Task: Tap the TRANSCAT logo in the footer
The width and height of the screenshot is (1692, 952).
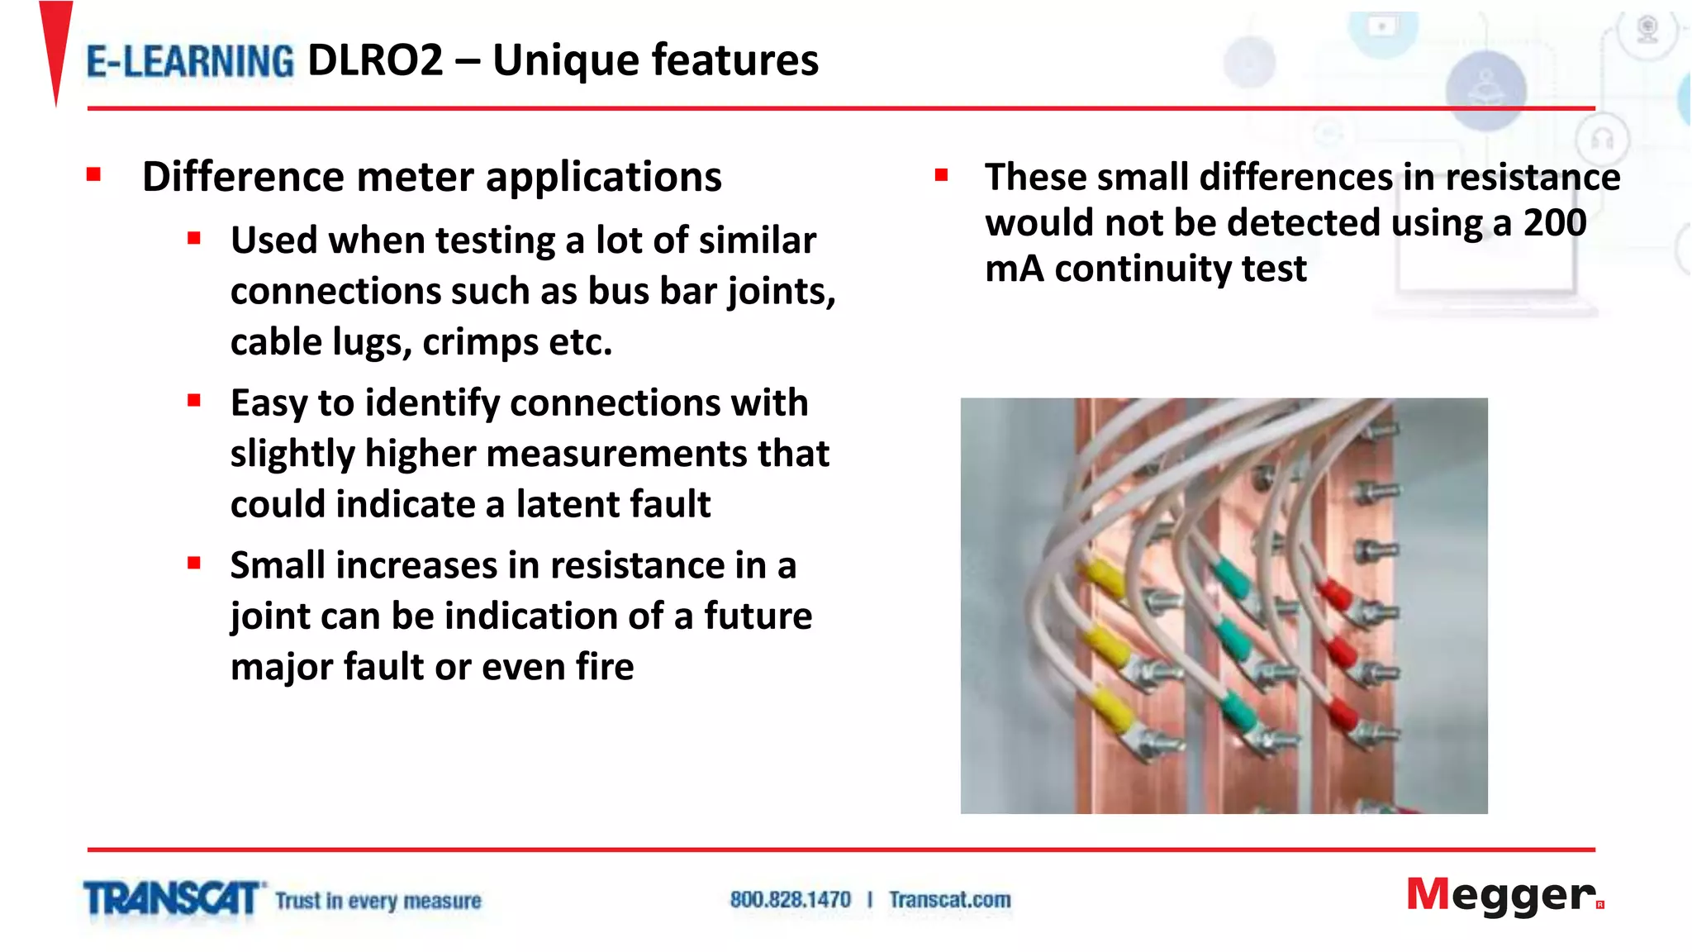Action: coord(172,899)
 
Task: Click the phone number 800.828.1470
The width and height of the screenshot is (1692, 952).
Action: coord(790,899)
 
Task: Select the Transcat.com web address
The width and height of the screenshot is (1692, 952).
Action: coord(949,899)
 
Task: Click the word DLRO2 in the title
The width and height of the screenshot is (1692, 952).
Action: coord(375,60)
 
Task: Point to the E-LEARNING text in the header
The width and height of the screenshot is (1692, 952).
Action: coord(190,62)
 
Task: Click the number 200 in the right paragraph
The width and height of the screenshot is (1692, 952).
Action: coord(1554,223)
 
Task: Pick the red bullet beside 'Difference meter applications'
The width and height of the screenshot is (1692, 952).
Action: coord(93,174)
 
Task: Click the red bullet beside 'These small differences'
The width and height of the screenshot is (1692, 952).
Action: coord(941,174)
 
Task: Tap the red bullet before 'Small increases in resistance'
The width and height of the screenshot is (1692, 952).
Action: coord(194,564)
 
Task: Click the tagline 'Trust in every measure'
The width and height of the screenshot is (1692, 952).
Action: coord(378,900)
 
